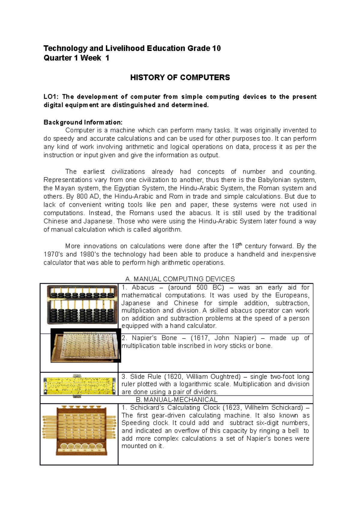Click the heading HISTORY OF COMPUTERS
180,78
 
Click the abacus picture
82,305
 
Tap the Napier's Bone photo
85,345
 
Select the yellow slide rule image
79,386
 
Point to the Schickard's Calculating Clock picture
79,430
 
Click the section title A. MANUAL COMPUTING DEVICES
180,279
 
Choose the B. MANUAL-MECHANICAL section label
176,400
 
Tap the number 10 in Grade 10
216,49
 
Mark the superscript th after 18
240,244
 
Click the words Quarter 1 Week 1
76,58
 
